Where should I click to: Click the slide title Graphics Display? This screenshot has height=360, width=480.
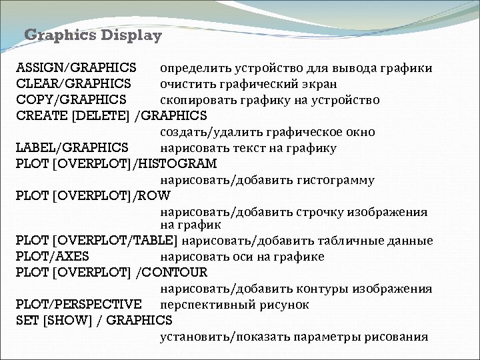[93, 35]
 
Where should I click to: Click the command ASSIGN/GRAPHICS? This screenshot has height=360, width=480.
[77, 68]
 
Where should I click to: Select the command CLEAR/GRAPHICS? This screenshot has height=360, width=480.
[73, 84]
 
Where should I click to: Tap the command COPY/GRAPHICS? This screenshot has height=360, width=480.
[71, 100]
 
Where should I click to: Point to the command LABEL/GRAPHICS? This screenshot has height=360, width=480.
[72, 148]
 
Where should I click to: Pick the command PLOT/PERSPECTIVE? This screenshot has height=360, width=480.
[79, 305]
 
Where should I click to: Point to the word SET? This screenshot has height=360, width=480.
[27, 321]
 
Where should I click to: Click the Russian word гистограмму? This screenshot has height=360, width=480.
[337, 180]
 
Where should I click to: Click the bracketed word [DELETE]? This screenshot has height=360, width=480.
[103, 116]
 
